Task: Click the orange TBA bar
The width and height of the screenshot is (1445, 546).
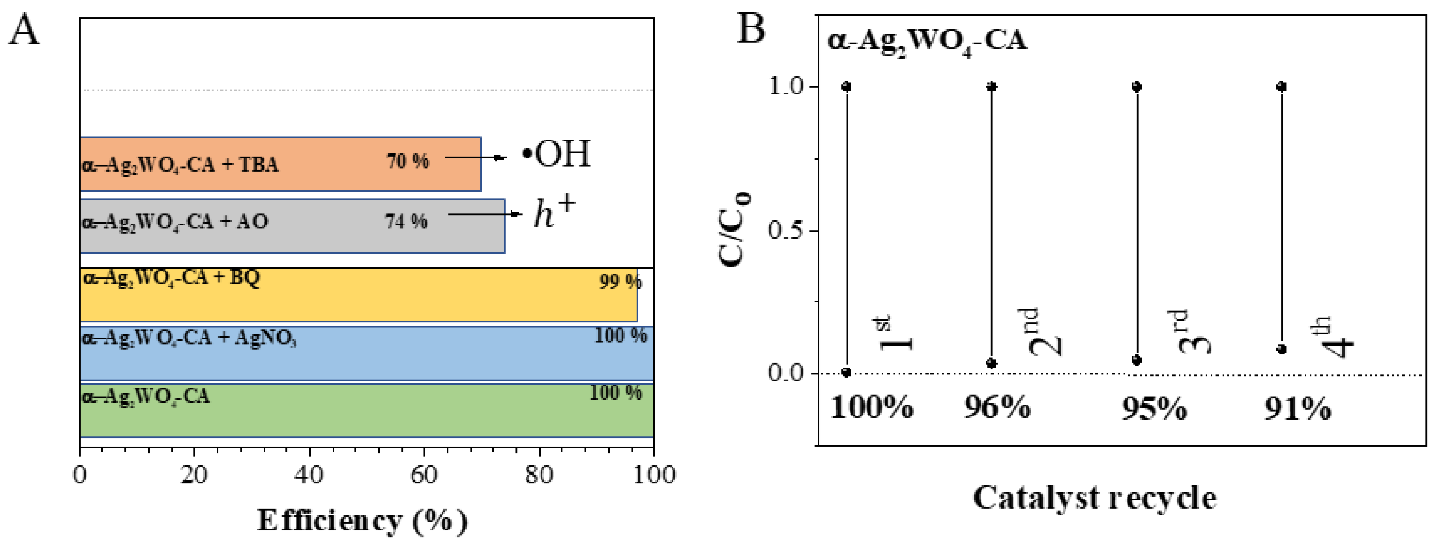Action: (x=281, y=164)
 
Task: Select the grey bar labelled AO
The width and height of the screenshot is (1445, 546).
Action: (x=292, y=226)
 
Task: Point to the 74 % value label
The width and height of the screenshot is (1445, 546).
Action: (x=406, y=221)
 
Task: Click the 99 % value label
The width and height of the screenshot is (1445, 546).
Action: (x=620, y=281)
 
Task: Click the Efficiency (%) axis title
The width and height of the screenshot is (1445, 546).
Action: (x=362, y=520)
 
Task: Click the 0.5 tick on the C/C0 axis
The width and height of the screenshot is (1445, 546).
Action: (x=786, y=230)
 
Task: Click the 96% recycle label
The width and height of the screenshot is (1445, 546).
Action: (x=997, y=407)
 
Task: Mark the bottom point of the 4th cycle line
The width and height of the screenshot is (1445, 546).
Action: (x=1281, y=349)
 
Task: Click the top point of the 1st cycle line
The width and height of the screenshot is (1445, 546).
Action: (x=847, y=87)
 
